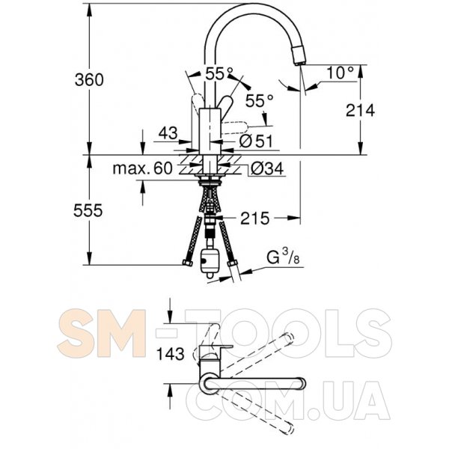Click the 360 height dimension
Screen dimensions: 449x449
(x=89, y=79)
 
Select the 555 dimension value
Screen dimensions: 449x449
(x=88, y=211)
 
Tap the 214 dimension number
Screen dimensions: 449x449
(x=360, y=110)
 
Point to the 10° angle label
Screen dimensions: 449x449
(x=340, y=73)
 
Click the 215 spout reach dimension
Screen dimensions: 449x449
(x=255, y=219)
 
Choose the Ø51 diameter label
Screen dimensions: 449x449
(x=256, y=141)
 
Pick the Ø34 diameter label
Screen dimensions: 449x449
(x=267, y=168)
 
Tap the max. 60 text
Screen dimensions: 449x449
(x=143, y=168)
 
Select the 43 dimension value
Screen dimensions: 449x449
(x=168, y=133)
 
